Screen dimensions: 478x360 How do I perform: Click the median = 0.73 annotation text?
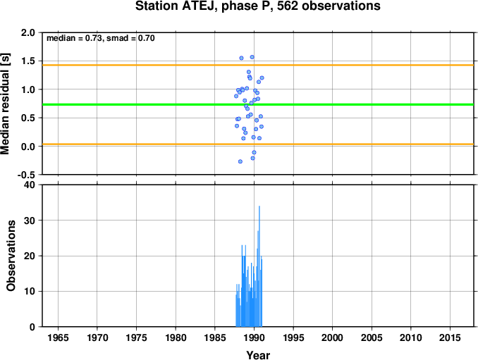(74, 38)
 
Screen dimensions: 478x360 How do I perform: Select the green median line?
(258, 104)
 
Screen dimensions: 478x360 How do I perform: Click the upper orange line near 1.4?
(258, 65)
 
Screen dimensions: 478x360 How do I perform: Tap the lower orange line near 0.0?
(258, 144)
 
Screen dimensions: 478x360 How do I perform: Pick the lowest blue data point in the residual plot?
(240, 161)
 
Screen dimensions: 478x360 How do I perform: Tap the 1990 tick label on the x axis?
(255, 337)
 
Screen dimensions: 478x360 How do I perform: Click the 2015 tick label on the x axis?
(450, 337)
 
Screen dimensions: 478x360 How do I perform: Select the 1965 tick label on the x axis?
(58, 337)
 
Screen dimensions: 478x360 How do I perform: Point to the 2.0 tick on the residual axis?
(28, 32)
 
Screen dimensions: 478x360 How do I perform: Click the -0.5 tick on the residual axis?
(26, 175)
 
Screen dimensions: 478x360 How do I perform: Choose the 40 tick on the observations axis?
(30, 185)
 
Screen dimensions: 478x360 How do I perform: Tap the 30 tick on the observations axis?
(30, 221)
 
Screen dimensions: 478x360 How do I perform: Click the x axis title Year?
(258, 355)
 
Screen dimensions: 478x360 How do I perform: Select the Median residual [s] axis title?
(5, 104)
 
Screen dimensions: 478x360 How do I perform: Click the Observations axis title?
(11, 256)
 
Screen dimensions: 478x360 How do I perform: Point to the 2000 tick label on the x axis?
(332, 337)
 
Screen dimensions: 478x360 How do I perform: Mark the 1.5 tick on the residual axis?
(28, 61)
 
